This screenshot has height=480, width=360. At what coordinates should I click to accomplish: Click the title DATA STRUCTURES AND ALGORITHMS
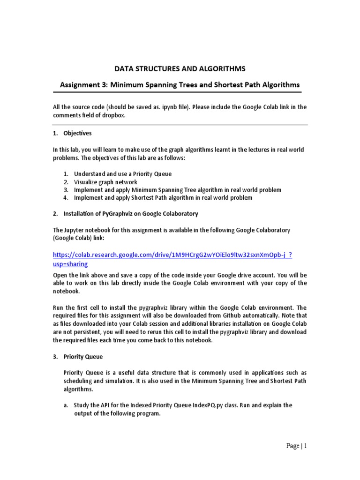pyautogui.click(x=180, y=69)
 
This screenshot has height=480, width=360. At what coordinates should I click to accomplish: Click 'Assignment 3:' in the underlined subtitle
pyautogui.click(x=81, y=85)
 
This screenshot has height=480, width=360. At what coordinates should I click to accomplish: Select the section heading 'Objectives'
pyautogui.click(x=78, y=134)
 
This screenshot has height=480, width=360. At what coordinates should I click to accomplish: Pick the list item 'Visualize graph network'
pyautogui.click(x=105, y=182)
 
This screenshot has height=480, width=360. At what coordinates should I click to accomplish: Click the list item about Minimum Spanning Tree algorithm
pyautogui.click(x=178, y=190)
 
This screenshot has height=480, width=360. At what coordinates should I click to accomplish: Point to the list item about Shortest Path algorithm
pyautogui.click(x=163, y=198)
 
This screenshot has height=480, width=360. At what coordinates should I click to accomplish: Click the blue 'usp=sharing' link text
pyautogui.click(x=70, y=264)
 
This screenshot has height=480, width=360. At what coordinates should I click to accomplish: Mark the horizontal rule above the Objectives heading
pyautogui.click(x=180, y=125)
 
